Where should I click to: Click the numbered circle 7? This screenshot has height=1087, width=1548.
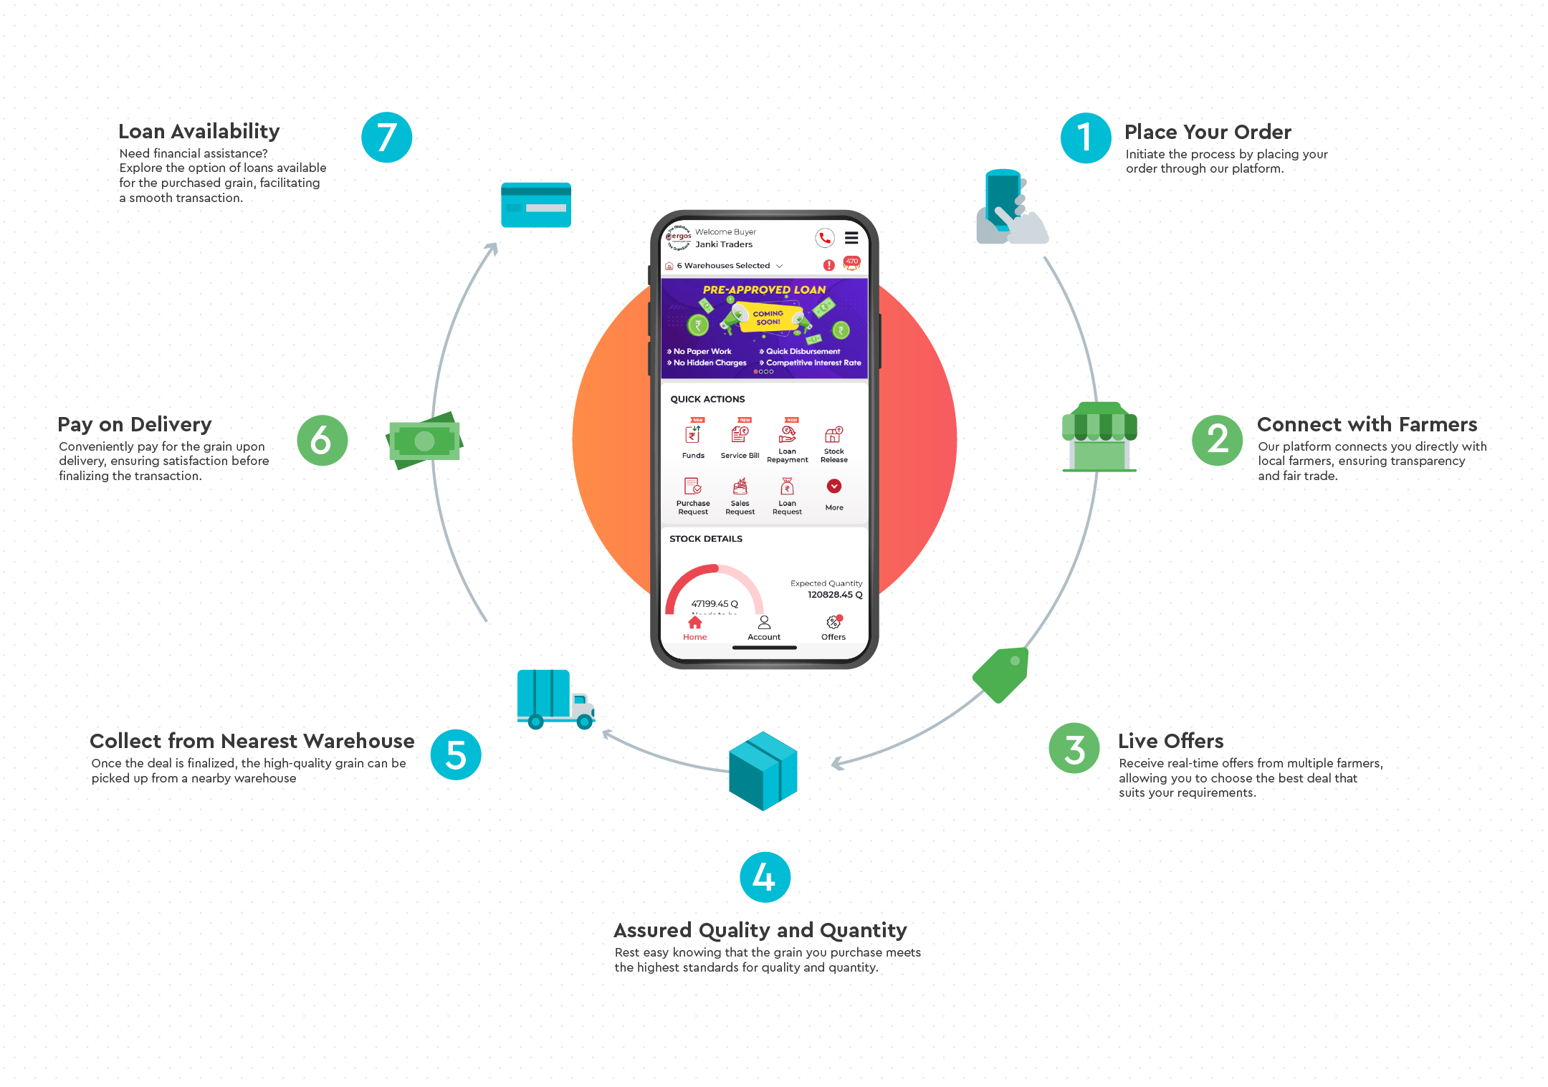pos(386,138)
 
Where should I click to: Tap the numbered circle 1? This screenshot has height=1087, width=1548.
pos(1085,138)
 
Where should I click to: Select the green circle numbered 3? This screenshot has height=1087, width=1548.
pos(1074,749)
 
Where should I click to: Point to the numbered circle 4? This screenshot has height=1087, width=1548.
pos(765,877)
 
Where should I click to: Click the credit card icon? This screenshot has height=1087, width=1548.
pos(536,205)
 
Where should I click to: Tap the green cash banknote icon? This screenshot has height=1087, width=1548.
pos(425,441)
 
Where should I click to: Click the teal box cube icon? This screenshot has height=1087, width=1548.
pos(763,771)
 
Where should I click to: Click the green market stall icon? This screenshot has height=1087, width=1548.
pos(1099,437)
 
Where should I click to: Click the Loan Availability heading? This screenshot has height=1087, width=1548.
pos(199,132)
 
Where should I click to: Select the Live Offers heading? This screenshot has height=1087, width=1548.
pos(1171,741)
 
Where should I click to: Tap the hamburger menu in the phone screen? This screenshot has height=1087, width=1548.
pos(851,238)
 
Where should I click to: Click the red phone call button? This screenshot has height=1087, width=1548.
pos(825,238)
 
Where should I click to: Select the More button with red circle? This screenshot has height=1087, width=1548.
pos(834,487)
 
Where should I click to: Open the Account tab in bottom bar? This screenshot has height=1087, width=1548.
pos(764,627)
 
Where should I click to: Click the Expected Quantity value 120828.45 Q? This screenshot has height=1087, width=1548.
pos(834,595)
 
